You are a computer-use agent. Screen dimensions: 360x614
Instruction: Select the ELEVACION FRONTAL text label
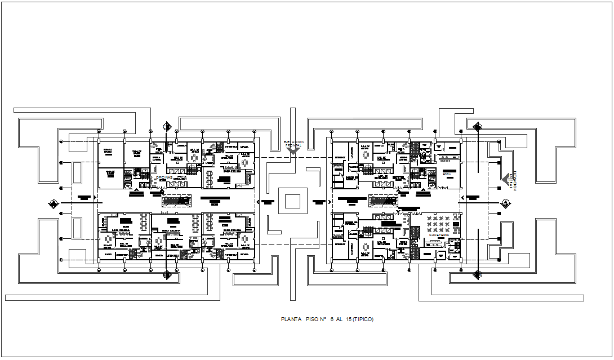[x=293, y=144]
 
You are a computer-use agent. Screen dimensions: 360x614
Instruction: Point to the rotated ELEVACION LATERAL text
[x=513, y=181]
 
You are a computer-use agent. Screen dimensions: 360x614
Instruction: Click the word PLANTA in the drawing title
[x=291, y=319]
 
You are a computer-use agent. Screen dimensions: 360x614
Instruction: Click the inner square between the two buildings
[x=293, y=202]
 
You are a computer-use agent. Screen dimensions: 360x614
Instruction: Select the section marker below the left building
[x=167, y=275]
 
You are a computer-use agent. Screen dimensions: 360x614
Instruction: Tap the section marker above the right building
[x=477, y=127]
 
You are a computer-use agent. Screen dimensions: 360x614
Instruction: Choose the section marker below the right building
[x=477, y=275]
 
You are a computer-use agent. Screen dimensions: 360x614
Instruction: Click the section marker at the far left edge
[x=52, y=203]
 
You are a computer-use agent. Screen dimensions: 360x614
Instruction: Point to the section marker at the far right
[x=505, y=203]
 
